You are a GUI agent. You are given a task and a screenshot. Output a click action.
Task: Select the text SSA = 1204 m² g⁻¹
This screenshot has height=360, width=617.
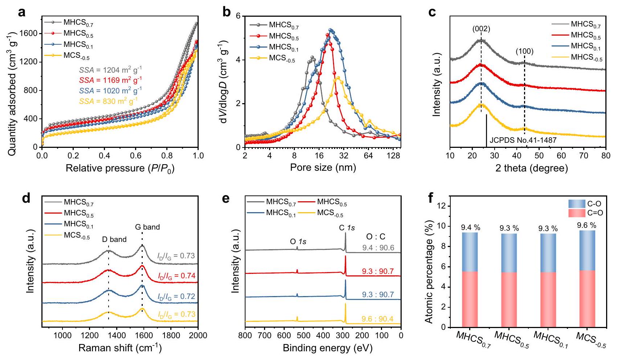tap(110, 70)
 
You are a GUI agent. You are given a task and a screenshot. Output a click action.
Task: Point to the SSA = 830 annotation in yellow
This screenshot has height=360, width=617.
tap(108, 101)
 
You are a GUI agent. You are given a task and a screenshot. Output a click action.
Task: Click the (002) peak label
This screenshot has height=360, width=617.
tap(481, 29)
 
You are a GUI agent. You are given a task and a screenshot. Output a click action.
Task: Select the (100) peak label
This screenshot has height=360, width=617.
tap(524, 52)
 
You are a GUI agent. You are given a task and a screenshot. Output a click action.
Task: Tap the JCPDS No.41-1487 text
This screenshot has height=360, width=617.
tap(523, 140)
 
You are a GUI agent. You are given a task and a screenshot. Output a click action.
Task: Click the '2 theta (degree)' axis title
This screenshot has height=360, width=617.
tap(531, 168)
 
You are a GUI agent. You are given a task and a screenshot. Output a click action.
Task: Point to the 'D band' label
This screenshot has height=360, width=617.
tap(114, 239)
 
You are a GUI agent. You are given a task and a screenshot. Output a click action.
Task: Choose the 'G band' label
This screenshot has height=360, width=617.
tap(147, 227)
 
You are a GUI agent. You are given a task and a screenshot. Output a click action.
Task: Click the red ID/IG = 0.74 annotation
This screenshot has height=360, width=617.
tap(176, 276)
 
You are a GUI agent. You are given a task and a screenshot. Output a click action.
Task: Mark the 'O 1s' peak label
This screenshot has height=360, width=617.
tap(298, 241)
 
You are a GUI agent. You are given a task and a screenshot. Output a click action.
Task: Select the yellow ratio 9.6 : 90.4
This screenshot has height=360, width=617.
tap(377, 319)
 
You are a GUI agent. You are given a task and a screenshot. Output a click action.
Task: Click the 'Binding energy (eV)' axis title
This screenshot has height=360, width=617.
tap(328, 348)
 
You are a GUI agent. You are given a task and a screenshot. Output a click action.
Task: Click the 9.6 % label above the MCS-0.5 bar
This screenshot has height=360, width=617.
tap(586, 226)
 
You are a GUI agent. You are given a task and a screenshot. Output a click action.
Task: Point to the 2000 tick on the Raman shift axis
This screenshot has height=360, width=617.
tap(198, 335)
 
